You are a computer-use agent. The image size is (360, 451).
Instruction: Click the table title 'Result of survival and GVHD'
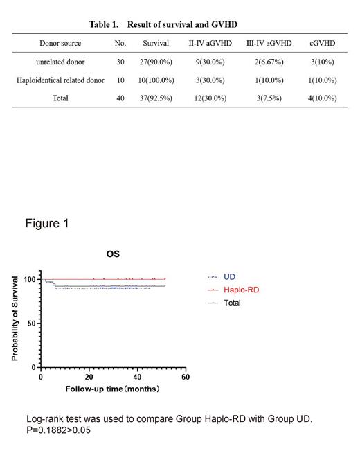182,24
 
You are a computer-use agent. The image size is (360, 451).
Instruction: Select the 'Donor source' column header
60,43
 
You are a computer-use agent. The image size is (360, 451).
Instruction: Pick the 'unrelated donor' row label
60,62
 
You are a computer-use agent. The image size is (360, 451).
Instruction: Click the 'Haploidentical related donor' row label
60,80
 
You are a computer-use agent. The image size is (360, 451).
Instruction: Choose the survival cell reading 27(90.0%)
155,62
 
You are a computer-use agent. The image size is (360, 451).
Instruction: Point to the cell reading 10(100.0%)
155,80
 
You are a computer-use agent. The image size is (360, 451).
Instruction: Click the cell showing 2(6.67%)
269,62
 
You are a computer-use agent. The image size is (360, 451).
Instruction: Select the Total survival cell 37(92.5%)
155,98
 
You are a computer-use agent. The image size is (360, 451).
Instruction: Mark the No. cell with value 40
120,98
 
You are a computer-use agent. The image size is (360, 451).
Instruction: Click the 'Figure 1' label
47,224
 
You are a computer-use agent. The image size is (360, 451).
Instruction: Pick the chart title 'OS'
113,254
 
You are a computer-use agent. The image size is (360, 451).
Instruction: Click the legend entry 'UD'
229,277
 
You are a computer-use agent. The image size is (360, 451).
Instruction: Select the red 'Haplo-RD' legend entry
241,290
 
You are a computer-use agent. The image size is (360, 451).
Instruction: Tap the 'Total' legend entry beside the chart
232,303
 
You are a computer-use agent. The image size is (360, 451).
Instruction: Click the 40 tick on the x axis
137,377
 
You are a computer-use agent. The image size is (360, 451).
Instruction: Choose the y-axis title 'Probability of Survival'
15,318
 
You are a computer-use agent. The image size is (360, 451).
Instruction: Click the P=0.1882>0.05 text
59,430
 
